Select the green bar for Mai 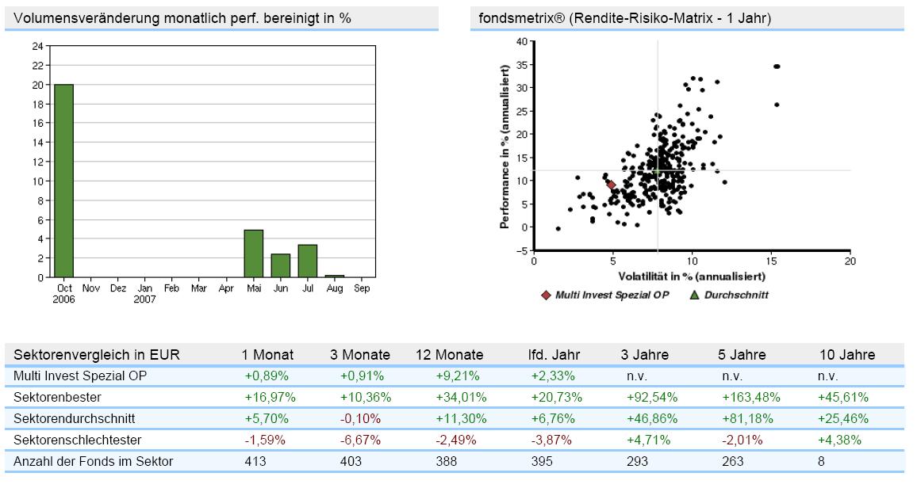click(x=253, y=254)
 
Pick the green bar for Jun click(x=280, y=265)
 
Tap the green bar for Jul click(x=307, y=261)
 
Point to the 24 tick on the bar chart click(x=38, y=46)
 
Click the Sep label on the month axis click(x=361, y=289)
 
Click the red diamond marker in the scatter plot click(x=611, y=185)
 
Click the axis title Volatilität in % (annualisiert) click(x=691, y=276)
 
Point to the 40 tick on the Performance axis click(x=521, y=41)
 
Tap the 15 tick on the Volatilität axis click(x=770, y=261)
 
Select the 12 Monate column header click(x=449, y=355)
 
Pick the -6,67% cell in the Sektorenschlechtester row click(x=361, y=440)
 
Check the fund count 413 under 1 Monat click(x=255, y=461)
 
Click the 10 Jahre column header click(x=846, y=355)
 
